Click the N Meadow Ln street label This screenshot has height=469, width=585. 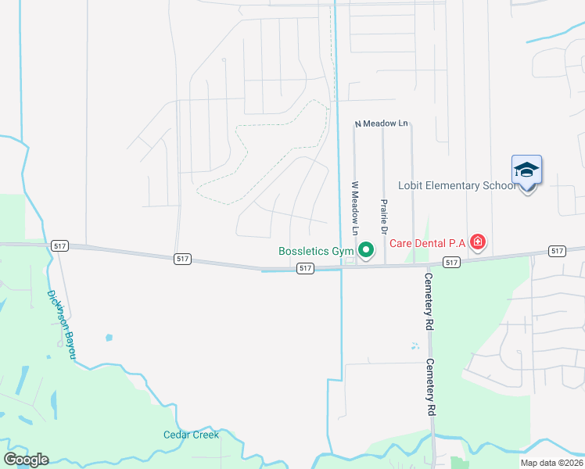coord(382,124)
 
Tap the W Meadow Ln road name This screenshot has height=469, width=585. coord(354,209)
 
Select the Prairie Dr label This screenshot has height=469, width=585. coord(384,217)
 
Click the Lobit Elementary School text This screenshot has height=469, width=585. coord(457,185)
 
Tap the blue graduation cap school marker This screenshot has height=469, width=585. coord(526,170)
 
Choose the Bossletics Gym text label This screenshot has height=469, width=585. coord(316,252)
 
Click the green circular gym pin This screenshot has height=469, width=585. coord(366,251)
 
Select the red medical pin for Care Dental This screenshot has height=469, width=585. coord(477,243)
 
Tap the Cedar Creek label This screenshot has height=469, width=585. coord(191,435)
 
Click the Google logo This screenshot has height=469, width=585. coord(26,460)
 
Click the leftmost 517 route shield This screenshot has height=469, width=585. coord(61,245)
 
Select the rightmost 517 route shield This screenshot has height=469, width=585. coord(556,250)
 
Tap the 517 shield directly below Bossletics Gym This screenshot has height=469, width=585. coord(306,268)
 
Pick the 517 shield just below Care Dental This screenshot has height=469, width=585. coord(450,263)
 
